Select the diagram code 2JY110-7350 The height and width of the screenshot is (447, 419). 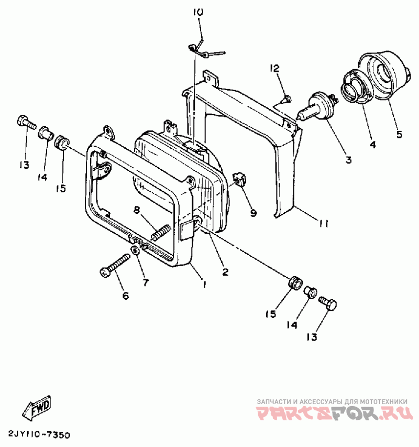[x=39, y=435]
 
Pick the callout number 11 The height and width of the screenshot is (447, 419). [x=323, y=224]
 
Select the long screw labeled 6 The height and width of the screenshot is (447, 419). [x=116, y=265]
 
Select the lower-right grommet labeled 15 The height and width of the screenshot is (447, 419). [x=295, y=282]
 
